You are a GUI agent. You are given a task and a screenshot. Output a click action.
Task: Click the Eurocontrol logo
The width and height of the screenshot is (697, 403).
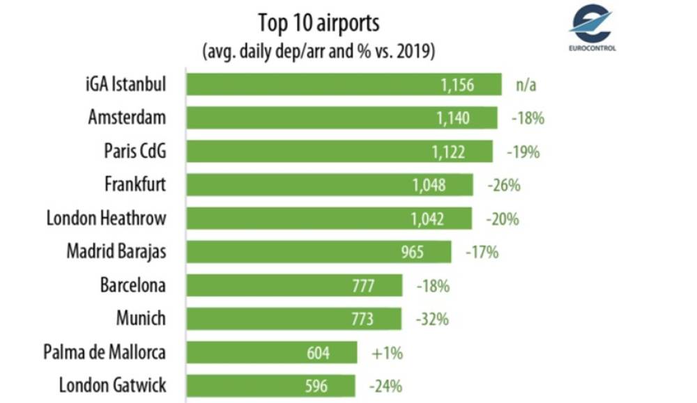[x=592, y=26]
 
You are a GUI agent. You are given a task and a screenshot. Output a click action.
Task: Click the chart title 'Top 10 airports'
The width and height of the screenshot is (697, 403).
[x=319, y=23]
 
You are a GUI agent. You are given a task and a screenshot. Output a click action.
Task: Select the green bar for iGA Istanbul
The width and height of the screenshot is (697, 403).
[x=344, y=84]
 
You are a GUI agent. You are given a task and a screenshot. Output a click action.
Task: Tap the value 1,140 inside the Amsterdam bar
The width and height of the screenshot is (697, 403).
[x=452, y=118]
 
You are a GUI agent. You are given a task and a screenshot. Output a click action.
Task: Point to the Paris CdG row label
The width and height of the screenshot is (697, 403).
[x=135, y=151]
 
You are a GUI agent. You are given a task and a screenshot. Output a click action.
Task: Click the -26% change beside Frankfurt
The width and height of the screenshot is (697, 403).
[x=504, y=185]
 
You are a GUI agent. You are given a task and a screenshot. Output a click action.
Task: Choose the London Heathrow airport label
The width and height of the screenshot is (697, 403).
[x=106, y=218]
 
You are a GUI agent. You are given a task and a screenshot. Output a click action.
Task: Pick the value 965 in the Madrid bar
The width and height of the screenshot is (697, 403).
[x=412, y=252]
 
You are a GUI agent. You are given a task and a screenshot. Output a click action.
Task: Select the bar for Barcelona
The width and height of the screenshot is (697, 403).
[x=294, y=285]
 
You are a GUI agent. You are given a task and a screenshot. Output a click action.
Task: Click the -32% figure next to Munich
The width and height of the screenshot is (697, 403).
[x=432, y=319]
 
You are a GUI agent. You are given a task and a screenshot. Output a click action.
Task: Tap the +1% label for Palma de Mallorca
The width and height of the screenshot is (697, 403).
[x=387, y=354]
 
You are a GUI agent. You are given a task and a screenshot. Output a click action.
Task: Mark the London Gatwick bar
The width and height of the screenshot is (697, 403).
[x=270, y=386]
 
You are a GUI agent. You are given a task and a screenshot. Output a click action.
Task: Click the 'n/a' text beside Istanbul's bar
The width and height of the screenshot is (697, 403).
[x=526, y=85]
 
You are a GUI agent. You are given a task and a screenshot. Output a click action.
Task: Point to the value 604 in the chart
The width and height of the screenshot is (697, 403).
[x=318, y=354]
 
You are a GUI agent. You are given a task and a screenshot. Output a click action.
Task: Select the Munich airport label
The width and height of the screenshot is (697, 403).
[x=141, y=318]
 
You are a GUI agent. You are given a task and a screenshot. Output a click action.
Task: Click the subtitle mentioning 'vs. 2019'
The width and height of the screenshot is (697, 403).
[x=319, y=51]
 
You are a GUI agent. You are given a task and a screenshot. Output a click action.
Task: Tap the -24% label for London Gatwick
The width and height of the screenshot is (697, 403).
[x=385, y=386]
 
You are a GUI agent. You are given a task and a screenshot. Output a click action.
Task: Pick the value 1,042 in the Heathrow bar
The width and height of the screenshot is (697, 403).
[x=427, y=219]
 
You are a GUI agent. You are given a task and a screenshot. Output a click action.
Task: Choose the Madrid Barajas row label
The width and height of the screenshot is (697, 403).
[x=116, y=251]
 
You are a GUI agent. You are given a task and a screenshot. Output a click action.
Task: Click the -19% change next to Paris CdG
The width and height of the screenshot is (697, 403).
[x=523, y=152]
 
